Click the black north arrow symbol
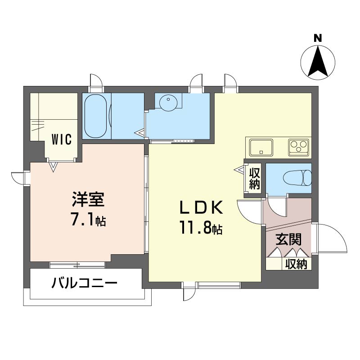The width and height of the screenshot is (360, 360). coord(318,61)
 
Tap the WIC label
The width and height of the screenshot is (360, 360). coord(61,139)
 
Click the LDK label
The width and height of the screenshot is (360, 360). coord(202,207)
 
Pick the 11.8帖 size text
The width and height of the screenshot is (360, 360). coord(202,229)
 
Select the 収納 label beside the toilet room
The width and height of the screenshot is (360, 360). coord(255,179)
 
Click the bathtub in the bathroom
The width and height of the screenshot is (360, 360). coord(96,117)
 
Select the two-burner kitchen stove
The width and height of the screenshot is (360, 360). coord(298,146)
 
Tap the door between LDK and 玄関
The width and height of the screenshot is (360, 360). coord(250,211)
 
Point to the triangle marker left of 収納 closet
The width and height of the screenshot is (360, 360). coord(239,171)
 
